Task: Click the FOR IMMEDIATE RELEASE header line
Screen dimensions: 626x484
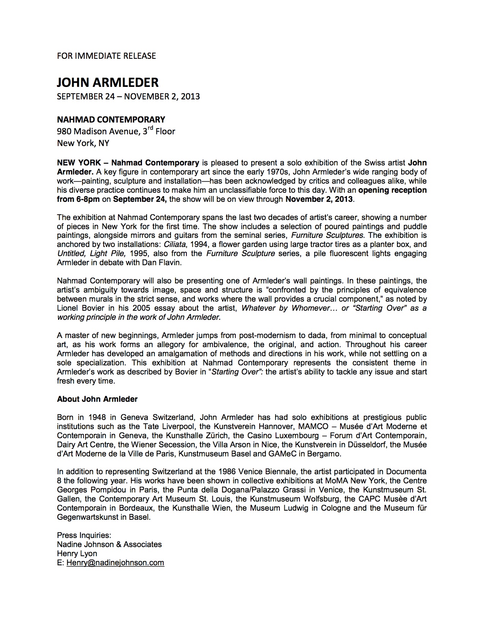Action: click(106, 56)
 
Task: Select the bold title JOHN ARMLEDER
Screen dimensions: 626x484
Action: click(108, 82)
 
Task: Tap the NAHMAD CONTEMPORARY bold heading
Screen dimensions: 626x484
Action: click(111, 120)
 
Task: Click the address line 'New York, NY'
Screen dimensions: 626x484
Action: click(83, 143)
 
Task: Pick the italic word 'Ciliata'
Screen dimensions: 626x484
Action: click(174, 244)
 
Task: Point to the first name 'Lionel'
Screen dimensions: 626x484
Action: click(69, 308)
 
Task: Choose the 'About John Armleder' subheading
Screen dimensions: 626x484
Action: click(97, 399)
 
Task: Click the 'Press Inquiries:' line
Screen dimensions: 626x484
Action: click(84, 535)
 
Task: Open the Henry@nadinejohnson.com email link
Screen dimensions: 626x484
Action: click(115, 563)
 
